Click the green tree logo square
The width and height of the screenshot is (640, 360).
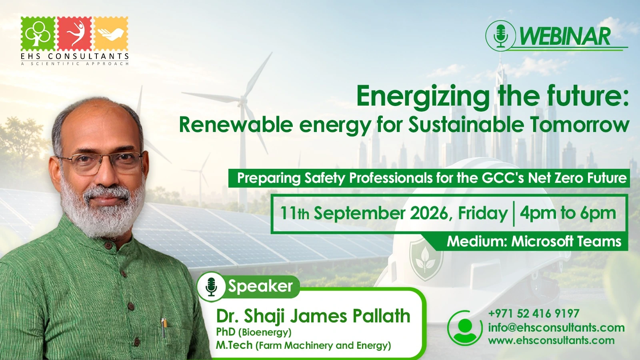[38, 34]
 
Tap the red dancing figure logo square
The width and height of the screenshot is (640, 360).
[74, 34]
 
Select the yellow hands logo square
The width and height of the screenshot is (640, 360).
[111, 34]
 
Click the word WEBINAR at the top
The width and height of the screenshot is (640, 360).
[565, 36]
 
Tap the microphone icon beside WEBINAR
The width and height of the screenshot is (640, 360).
[500, 36]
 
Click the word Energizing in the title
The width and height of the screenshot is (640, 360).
[423, 96]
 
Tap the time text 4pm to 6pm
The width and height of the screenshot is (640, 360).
[568, 213]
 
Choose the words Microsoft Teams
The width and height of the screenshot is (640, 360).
[566, 242]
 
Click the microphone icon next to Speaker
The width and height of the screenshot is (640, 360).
[212, 286]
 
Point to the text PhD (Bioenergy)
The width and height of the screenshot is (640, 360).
[254, 332]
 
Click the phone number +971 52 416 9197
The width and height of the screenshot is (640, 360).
[534, 314]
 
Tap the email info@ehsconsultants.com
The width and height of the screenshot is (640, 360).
[556, 328]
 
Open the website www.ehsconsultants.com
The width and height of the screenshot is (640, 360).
[552, 340]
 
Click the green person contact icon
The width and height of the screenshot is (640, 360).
[465, 328]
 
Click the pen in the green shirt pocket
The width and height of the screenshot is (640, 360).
[164, 328]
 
